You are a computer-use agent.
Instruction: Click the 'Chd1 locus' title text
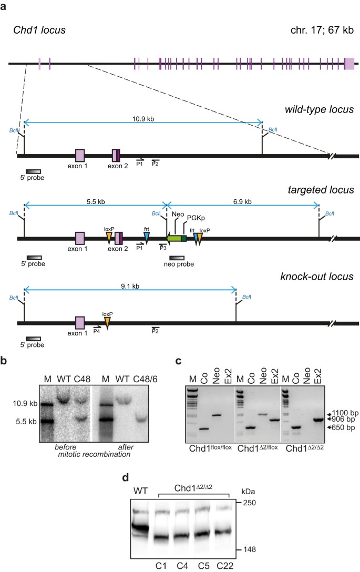39,30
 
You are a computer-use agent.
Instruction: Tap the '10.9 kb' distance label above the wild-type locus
143,119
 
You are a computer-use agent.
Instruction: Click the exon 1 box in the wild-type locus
80,155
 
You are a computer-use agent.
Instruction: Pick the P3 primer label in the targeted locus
163,248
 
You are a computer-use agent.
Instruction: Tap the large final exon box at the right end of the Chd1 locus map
349,64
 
